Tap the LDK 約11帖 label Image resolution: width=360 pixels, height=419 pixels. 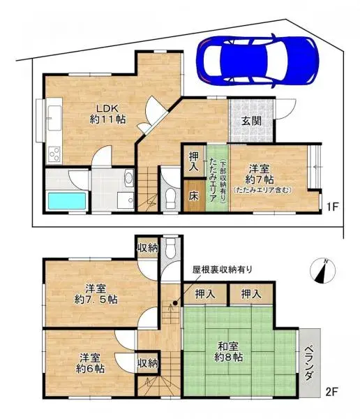107,114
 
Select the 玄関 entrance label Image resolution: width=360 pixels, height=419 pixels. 251,120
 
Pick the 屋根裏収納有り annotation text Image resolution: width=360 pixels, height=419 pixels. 223,270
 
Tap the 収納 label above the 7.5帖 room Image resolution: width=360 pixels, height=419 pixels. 147,249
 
